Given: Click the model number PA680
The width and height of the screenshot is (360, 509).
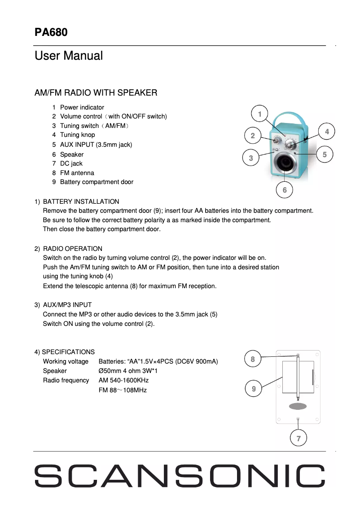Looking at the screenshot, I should tap(51, 32).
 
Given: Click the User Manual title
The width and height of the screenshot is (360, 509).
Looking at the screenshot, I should tap(69, 56).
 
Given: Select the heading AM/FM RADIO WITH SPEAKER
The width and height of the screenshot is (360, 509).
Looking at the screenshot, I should tap(96, 93).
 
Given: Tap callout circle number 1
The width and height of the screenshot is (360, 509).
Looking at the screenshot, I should tap(259, 114).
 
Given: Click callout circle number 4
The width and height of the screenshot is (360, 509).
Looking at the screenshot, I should tap(327, 132).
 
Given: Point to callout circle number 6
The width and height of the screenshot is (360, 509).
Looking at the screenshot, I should tap(285, 190).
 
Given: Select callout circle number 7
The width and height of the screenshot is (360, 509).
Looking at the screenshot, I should tap(299, 438).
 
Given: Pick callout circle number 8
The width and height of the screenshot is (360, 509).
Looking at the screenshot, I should tap(253, 359).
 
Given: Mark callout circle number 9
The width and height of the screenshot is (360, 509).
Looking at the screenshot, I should tap(254, 389).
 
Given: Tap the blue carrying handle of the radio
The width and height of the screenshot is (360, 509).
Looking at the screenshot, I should tap(287, 118).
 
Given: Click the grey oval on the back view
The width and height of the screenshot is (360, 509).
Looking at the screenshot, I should tap(298, 406).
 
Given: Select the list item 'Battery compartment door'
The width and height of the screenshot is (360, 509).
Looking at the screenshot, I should tap(97, 182).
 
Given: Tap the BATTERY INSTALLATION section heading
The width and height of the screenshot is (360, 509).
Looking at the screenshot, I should tap(81, 202).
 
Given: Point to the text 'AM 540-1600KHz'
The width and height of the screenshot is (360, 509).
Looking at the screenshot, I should tap(123, 380).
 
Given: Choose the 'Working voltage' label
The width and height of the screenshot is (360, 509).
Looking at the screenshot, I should tap(66, 361).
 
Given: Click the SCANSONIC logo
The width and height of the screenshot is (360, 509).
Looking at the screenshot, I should tap(180, 476).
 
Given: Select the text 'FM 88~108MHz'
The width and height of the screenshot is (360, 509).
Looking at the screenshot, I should tap(123, 390).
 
